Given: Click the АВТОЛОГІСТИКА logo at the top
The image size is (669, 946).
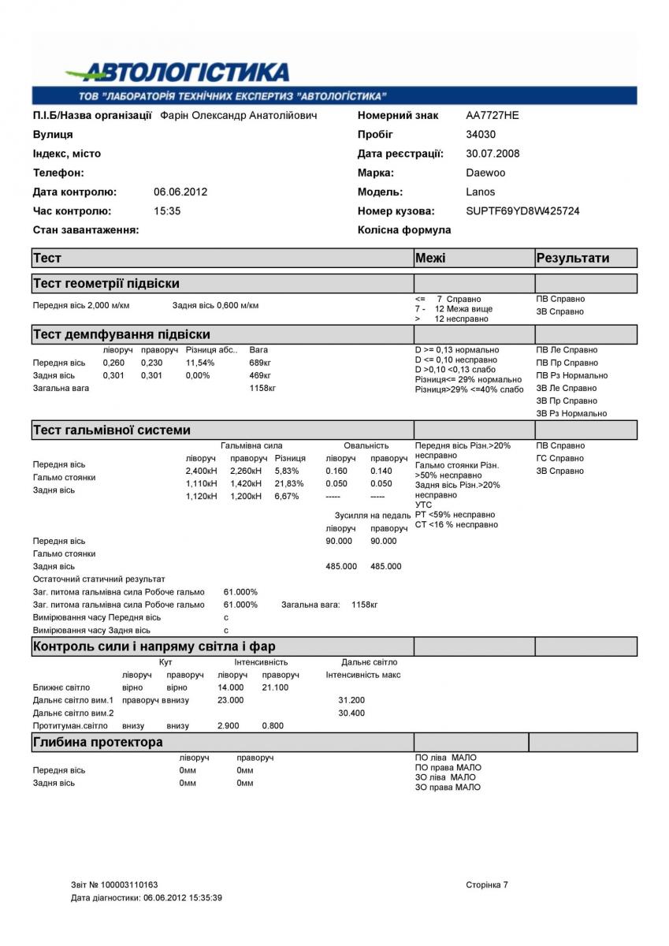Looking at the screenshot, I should [177, 73].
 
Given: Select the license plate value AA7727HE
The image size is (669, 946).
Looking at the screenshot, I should [492, 115].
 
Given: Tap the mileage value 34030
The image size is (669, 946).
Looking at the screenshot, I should [481, 135].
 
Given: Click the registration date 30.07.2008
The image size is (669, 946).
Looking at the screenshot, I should [492, 154].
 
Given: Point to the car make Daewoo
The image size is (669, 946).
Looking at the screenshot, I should [485, 173].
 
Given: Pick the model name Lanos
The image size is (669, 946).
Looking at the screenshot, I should [481, 192].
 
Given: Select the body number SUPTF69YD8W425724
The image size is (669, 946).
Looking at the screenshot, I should [522, 211].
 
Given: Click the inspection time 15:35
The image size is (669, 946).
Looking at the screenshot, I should [167, 211].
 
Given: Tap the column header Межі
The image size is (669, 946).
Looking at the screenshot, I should [430, 258].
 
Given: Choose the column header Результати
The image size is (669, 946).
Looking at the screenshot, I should [573, 258].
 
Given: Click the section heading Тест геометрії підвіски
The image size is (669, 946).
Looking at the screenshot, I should [106, 283].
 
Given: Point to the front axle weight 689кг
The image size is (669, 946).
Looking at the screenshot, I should [260, 363].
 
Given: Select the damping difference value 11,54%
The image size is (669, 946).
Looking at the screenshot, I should [200, 363].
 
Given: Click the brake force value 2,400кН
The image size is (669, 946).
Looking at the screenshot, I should [201, 471].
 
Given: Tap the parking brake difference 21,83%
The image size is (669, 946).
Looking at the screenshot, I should [288, 483].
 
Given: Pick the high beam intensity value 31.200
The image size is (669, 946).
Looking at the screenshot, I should [351, 700].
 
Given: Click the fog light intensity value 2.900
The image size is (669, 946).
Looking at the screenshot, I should [230, 725].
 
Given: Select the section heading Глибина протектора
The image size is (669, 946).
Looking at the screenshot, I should [98, 742].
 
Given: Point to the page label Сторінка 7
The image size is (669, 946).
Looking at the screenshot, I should [487, 885].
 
